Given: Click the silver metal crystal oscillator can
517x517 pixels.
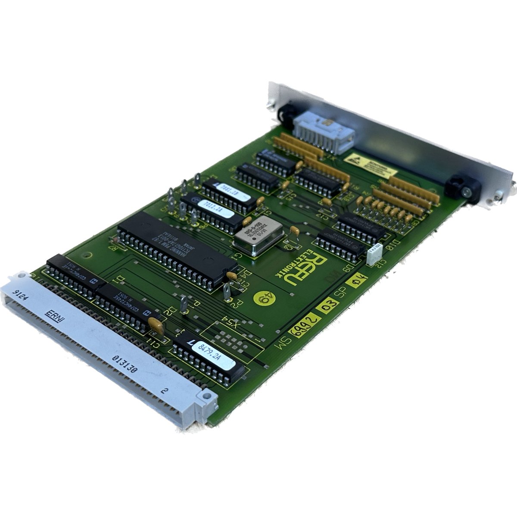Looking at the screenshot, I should pyautogui.click(x=258, y=237).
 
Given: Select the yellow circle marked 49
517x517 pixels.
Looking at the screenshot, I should pyautogui.click(x=263, y=297).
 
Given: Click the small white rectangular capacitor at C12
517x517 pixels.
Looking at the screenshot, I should pyautogui.click(x=373, y=255).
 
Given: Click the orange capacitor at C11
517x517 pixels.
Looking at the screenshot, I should pyautogui.click(x=156, y=326).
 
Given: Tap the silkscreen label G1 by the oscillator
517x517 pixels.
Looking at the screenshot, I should pyautogui.click(x=238, y=258).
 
